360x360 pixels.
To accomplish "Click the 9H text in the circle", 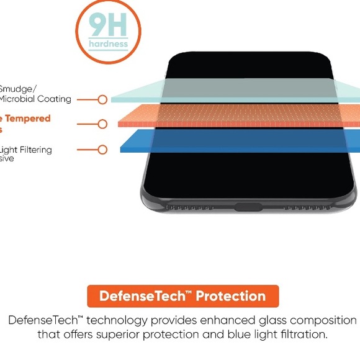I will [108, 25].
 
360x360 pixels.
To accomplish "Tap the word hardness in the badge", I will [108, 44].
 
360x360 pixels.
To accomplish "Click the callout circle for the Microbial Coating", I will [102, 99].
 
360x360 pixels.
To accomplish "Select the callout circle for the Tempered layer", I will [102, 124].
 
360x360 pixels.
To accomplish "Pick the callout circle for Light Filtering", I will [102, 150].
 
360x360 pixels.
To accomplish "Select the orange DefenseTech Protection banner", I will [183, 296].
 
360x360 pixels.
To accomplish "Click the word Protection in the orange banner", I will [231, 296].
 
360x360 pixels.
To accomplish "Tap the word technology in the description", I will [119, 320].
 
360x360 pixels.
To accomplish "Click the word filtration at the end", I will [299, 335].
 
